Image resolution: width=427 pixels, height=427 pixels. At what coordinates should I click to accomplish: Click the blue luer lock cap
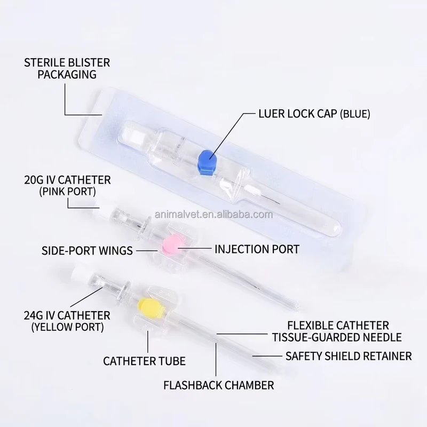(208, 162)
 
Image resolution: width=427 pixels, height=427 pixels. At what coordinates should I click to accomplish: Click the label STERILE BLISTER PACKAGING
(67, 68)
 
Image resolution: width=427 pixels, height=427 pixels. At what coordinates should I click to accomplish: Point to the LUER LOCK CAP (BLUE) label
(314, 114)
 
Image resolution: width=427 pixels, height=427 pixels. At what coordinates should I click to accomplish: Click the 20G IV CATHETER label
(68, 180)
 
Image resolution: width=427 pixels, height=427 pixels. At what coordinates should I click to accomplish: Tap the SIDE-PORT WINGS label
(87, 250)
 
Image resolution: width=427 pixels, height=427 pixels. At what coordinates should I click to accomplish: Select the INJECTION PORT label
(257, 249)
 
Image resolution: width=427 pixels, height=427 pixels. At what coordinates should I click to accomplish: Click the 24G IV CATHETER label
(67, 315)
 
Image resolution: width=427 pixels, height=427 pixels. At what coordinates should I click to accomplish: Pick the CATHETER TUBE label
(144, 361)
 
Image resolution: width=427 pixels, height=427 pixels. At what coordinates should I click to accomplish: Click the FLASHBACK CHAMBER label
(219, 385)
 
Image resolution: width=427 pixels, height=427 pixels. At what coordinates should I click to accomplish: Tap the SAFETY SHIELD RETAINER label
(349, 356)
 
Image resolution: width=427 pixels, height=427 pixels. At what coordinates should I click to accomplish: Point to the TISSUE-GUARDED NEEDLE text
(337, 337)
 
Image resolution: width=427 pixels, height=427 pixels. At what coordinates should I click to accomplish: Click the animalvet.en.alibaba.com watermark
(214, 215)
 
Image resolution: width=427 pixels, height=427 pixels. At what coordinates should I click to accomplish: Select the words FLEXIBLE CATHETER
(338, 326)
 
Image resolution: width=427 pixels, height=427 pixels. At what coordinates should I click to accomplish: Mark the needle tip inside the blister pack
(279, 203)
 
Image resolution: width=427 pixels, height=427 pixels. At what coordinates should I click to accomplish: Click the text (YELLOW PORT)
(68, 327)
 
